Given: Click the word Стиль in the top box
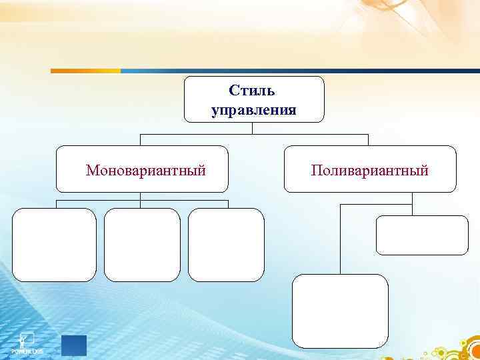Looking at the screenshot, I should [252, 89].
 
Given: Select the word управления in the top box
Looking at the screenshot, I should [253, 109].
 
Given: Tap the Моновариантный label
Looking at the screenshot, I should [145, 171].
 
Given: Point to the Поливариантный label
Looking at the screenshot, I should [369, 171].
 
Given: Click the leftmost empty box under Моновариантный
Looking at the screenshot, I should [54, 245].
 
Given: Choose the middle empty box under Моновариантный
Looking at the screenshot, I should [142, 245].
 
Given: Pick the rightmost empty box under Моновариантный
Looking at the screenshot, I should [226, 245].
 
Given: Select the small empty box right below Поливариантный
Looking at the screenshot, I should [422, 235].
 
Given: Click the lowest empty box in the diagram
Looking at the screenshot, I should [340, 311].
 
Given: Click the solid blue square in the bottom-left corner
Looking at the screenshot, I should [74, 345].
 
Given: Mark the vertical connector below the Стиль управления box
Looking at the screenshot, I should [254, 128].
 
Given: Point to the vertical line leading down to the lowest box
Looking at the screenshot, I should [341, 240].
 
